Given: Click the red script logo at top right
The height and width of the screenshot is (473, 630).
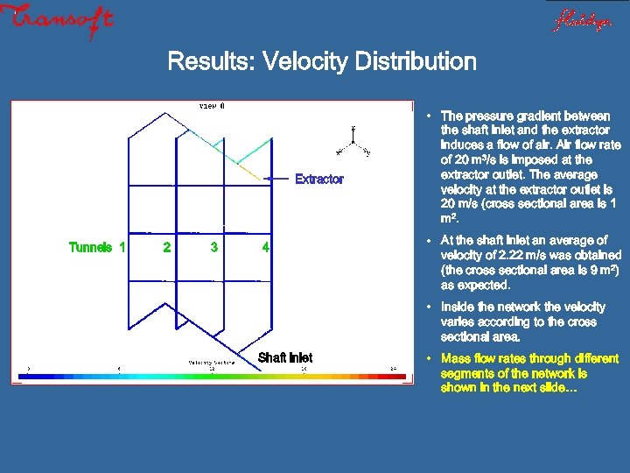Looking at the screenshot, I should pos(581,20).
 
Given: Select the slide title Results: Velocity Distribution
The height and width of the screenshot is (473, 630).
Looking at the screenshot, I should pos(321,62).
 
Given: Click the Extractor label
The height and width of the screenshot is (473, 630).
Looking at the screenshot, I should pos(319,179).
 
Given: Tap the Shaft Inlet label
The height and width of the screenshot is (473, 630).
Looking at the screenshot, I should pos(285,357).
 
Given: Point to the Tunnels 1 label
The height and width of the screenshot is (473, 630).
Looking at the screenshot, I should pos(96,247).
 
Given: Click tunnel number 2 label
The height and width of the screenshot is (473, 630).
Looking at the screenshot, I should pos(167,247).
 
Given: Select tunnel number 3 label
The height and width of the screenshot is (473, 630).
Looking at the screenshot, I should pos(214,247).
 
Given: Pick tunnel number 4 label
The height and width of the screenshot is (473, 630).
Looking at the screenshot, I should pos(266,247).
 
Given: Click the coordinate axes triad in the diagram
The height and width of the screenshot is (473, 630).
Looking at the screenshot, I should pos(353,140).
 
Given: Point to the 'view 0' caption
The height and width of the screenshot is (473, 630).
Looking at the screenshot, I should pos(212,106).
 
